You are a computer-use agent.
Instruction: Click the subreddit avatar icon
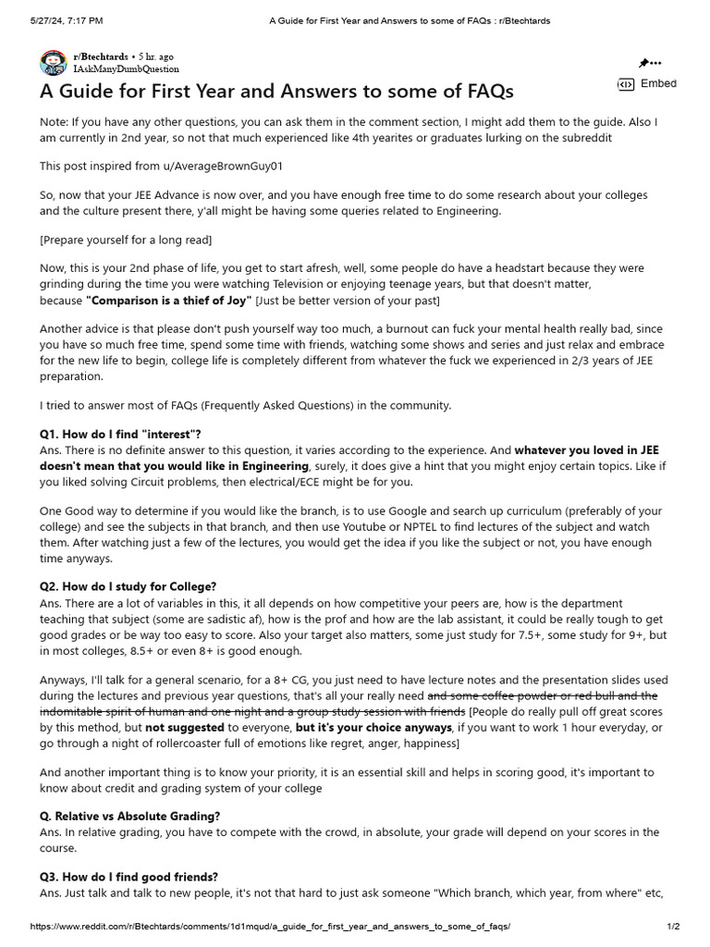click(52, 63)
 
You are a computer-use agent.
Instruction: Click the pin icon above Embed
click(644, 63)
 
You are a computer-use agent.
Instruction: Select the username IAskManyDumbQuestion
click(126, 69)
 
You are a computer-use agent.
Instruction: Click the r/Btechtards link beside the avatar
click(102, 57)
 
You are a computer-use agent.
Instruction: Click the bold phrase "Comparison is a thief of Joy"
click(168, 301)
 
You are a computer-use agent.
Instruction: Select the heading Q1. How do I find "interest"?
click(120, 435)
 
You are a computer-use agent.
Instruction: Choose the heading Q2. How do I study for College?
click(128, 587)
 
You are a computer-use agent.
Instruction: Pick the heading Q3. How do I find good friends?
click(129, 877)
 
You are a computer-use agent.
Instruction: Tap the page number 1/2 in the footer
click(673, 927)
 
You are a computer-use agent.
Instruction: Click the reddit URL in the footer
click(269, 927)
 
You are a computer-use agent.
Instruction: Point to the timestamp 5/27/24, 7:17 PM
click(66, 20)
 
